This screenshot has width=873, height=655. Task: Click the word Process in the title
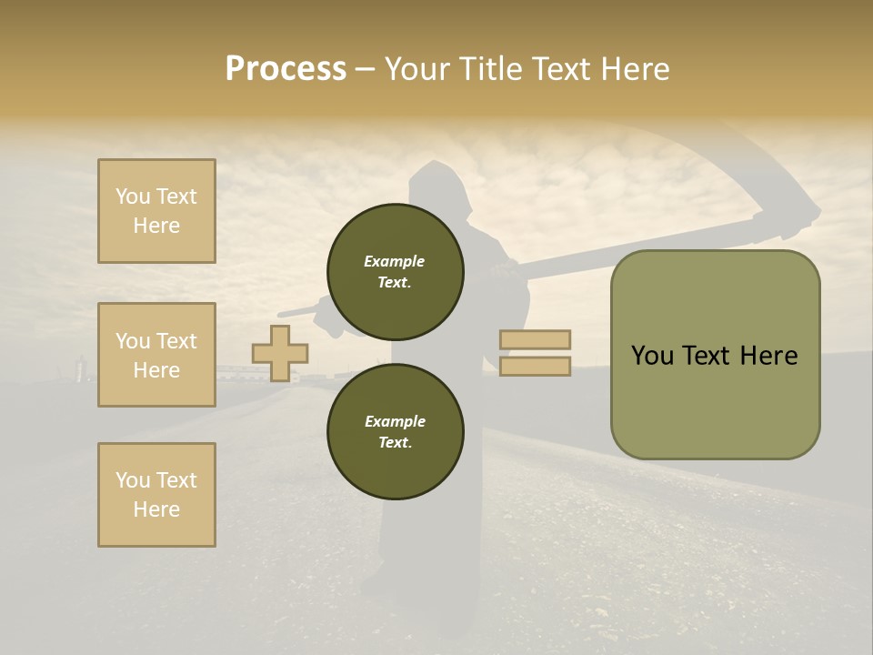tap(286, 69)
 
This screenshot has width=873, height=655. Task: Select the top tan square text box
tap(156, 211)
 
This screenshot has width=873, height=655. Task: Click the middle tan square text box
tap(156, 355)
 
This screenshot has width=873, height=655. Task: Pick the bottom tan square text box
tap(156, 495)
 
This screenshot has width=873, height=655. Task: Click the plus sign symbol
tap(279, 353)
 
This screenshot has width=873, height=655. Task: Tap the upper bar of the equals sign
tap(535, 339)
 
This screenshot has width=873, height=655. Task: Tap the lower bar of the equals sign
tap(535, 366)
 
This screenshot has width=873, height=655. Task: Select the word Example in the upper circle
tap(394, 261)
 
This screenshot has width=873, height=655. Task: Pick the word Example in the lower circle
tap(395, 421)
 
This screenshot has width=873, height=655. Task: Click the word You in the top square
tap(133, 196)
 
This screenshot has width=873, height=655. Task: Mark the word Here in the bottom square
tap(156, 509)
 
